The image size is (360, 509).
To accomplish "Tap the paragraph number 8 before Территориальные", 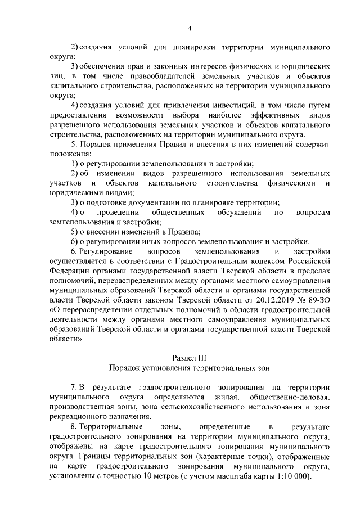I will click(x=74, y=426).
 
